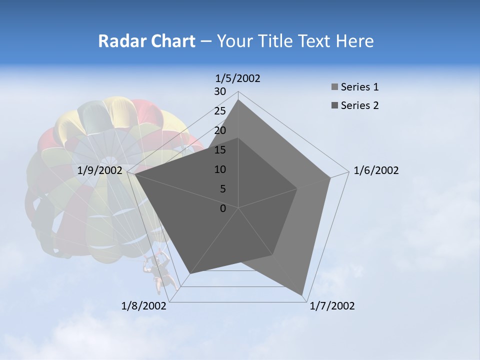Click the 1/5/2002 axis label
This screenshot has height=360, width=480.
point(237,78)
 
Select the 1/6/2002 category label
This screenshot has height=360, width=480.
point(376,170)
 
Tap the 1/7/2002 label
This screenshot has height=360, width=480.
point(332,306)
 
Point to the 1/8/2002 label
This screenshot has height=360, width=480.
point(144,306)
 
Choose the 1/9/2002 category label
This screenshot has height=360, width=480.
point(100,170)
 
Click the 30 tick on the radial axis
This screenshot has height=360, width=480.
point(220,91)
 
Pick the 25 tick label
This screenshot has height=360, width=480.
point(220,111)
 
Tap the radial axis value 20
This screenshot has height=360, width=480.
point(220,130)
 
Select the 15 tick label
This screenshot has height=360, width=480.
point(220,150)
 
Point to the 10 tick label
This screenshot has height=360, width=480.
point(220,169)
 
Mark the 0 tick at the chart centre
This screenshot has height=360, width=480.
point(223,208)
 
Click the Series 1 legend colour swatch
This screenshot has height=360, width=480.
point(334,87)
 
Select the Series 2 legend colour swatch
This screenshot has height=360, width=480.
point(334,105)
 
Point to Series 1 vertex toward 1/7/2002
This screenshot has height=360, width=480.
point(302,294)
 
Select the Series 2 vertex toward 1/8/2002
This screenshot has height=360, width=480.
point(190,273)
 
